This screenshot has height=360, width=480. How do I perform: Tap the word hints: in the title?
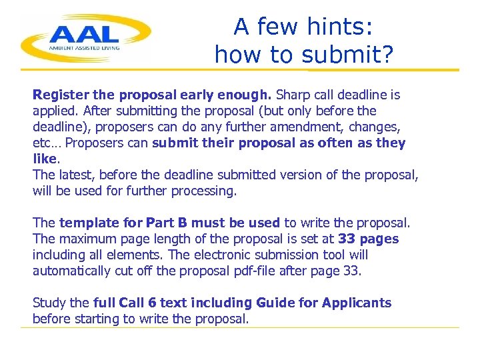click(x=342, y=27)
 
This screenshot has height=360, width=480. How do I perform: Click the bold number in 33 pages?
click(x=347, y=239)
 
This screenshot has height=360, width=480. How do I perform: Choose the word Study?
click(x=48, y=303)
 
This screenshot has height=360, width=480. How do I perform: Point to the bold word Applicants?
click(x=357, y=303)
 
